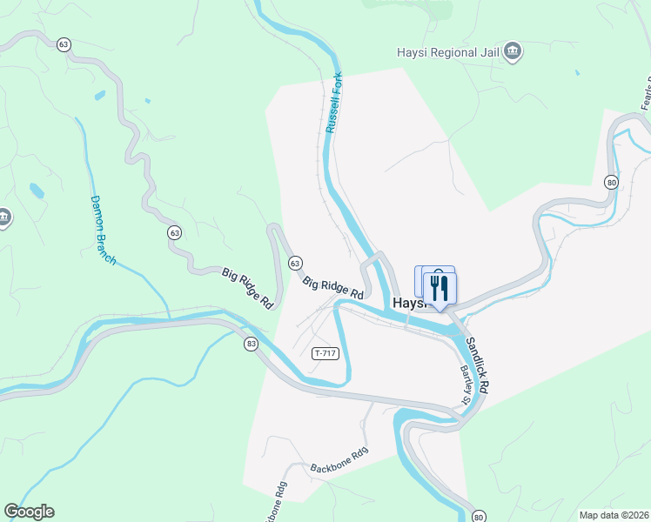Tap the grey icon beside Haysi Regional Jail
click(513, 51)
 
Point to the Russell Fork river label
click(335, 103)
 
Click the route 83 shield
click(252, 344)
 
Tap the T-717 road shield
click(325, 352)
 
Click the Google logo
click(29, 512)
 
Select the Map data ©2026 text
click(614, 515)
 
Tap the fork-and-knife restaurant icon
click(440, 288)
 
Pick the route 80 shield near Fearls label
click(612, 182)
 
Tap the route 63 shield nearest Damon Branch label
click(175, 232)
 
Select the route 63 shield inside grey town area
click(295, 263)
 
